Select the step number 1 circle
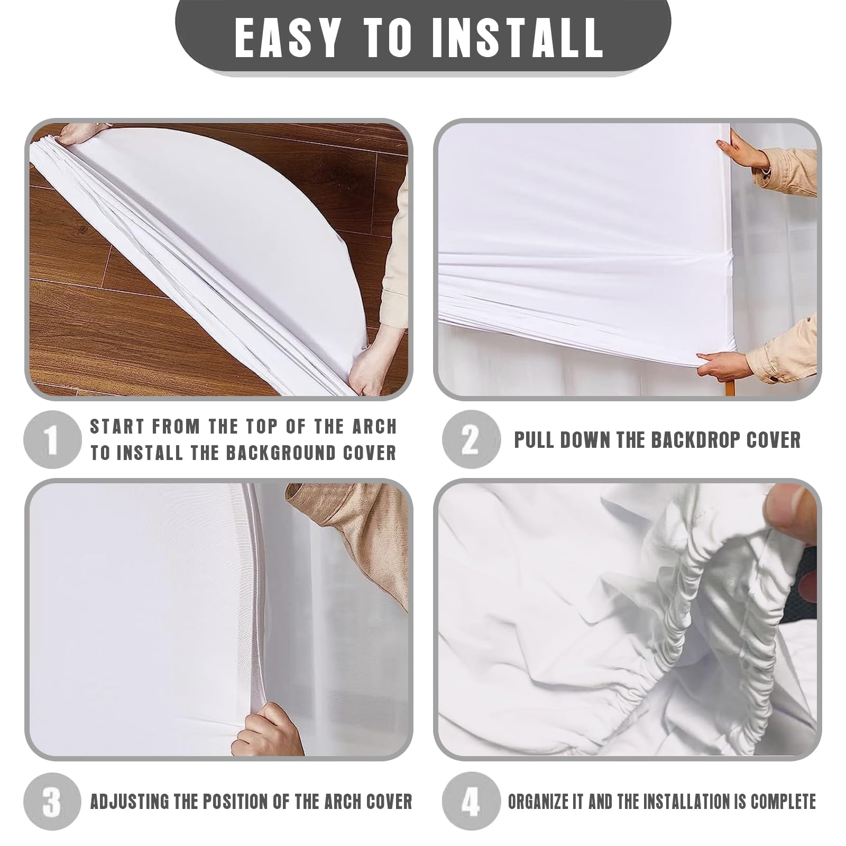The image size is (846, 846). [52, 439]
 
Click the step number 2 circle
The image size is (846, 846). [470, 439]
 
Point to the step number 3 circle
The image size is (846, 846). [52, 801]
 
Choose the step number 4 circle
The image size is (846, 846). [470, 801]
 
